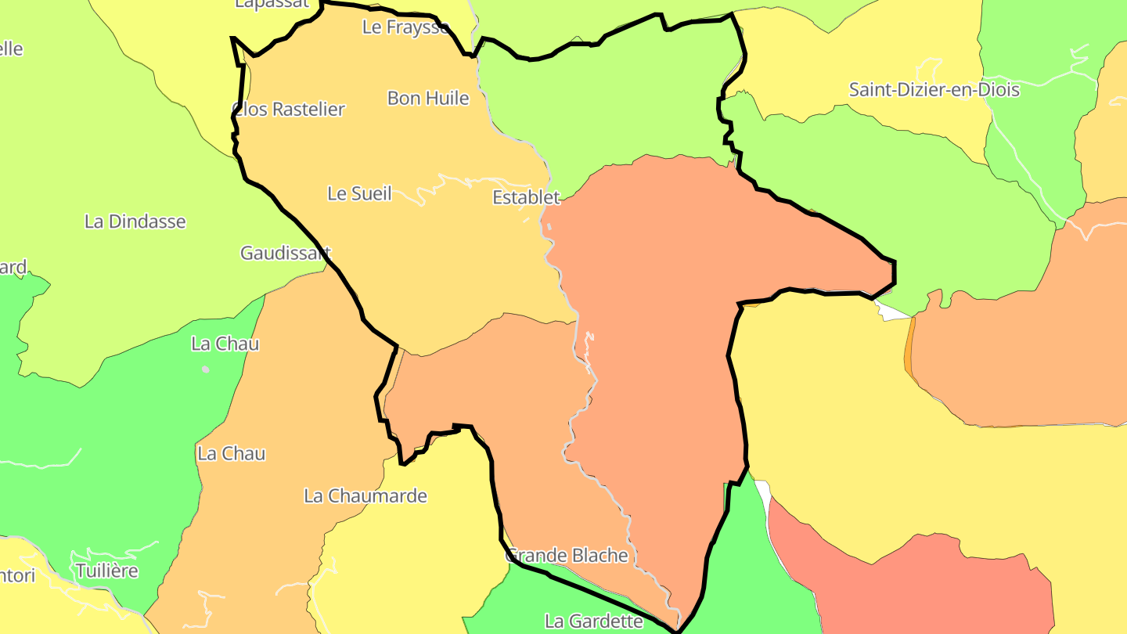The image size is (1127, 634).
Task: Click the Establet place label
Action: [x=526, y=197]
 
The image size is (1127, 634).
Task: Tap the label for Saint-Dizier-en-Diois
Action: [x=934, y=90]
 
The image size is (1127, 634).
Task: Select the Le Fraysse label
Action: [x=405, y=27]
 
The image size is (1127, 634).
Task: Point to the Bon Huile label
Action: [x=428, y=99]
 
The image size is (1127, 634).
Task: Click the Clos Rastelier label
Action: [x=289, y=110]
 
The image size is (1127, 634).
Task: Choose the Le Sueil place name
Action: [x=359, y=193]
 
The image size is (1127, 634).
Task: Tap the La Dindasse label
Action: [x=135, y=222]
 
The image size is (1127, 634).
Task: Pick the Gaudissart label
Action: [x=286, y=253]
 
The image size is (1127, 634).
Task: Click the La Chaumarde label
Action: [x=365, y=495]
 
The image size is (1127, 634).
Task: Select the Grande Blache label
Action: [x=568, y=556]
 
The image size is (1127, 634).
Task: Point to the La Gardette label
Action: [x=594, y=621]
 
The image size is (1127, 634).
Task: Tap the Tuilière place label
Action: [x=107, y=571]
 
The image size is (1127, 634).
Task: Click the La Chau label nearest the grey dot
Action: [x=225, y=344]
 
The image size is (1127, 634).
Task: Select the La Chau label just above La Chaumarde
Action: [x=232, y=453]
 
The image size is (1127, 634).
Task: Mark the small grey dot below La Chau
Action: [x=205, y=369]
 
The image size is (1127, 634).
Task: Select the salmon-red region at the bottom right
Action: [x=924, y=583]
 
